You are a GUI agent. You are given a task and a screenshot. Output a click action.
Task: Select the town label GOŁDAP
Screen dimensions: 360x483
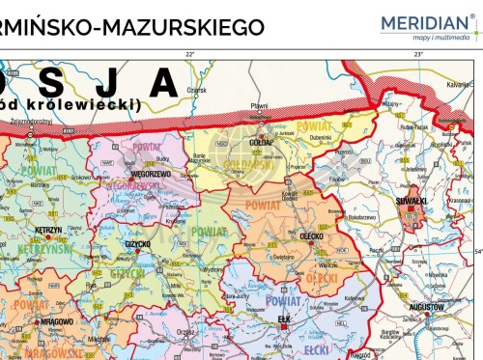point(262,141)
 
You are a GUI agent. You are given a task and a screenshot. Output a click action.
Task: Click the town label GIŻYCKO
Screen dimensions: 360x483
point(137,244)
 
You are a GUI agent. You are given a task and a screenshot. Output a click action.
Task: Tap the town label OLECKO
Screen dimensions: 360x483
point(312,235)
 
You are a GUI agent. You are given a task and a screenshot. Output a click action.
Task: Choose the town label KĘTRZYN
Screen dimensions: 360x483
point(48,231)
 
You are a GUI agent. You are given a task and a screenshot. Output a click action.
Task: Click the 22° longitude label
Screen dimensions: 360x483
point(190,54)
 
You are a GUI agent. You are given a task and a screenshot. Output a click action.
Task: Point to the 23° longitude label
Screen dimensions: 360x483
point(418,54)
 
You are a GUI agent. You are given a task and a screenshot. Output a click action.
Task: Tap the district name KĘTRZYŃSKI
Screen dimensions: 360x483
point(41,248)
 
